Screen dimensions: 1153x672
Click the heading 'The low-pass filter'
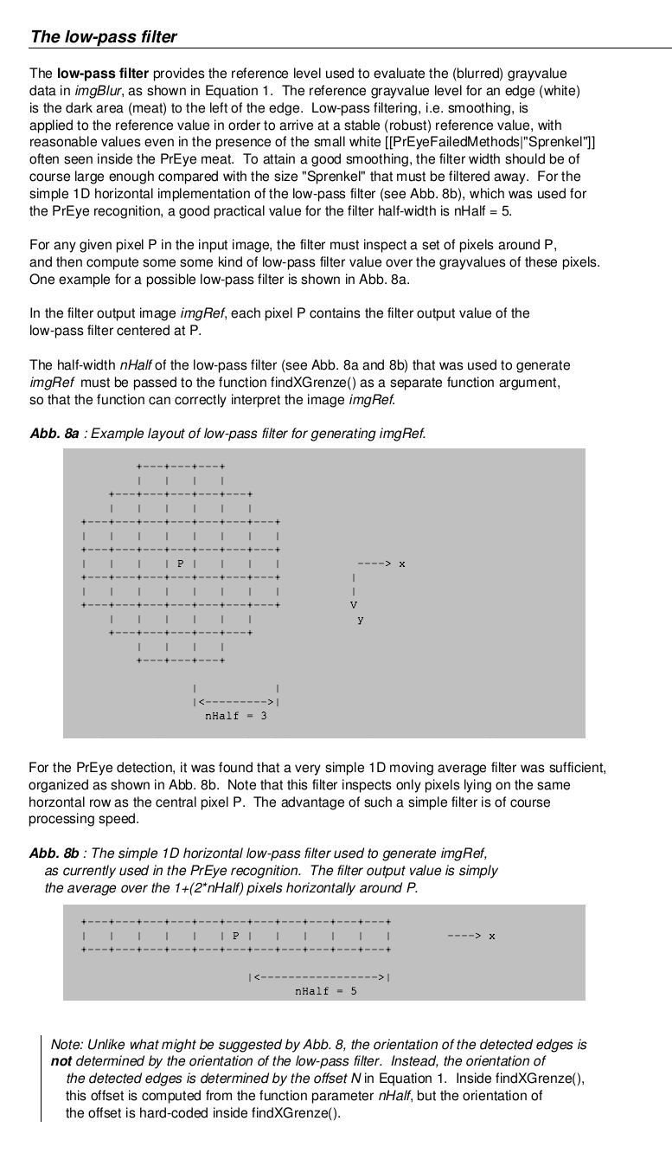(x=103, y=36)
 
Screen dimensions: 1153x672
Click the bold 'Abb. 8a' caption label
(x=54, y=433)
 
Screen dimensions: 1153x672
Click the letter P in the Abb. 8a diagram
(x=181, y=564)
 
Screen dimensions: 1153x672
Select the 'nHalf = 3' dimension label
(x=235, y=716)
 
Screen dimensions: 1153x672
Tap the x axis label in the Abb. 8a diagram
(x=402, y=564)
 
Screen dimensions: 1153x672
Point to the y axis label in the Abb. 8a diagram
(x=360, y=620)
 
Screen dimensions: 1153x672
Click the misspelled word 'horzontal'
(x=58, y=802)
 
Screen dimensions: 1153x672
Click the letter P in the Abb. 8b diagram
(x=235, y=935)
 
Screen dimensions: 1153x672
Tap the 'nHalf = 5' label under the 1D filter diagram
(x=325, y=991)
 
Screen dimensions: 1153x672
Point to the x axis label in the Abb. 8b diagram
(x=491, y=936)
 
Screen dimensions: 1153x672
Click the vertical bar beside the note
(x=41, y=1078)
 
